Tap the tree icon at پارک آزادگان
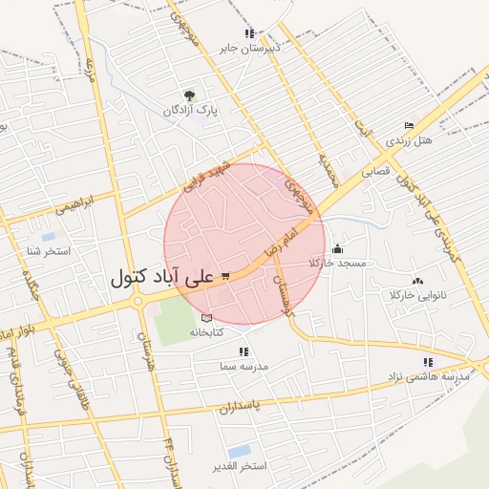click(x=189, y=95)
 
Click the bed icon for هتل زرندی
click(x=409, y=126)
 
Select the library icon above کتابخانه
click(x=207, y=318)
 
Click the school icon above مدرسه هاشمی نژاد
click(x=428, y=362)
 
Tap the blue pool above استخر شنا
click(x=48, y=236)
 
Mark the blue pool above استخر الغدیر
click(x=239, y=451)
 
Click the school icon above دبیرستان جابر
click(x=250, y=32)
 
